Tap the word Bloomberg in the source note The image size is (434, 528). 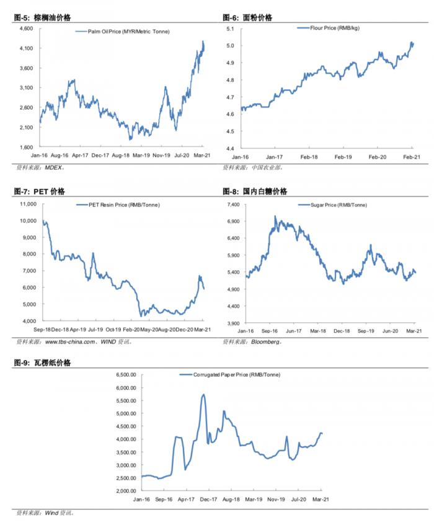[267, 341]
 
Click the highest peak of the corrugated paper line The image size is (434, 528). [203, 394]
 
